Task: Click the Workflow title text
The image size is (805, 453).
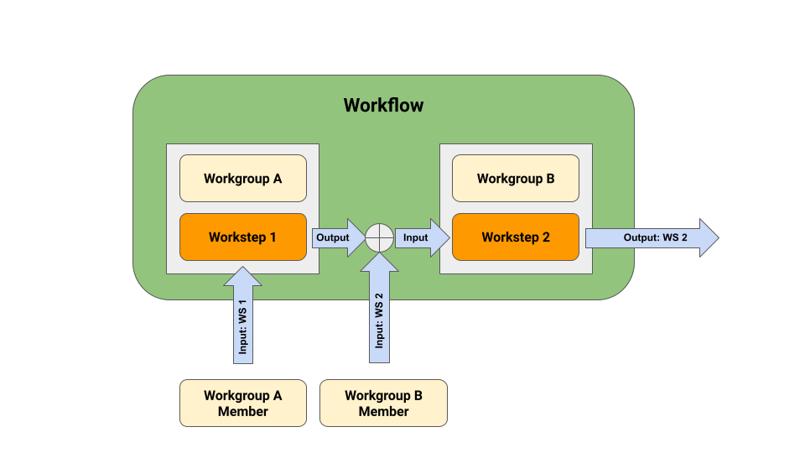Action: click(383, 106)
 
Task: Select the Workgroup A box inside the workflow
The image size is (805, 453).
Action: click(242, 178)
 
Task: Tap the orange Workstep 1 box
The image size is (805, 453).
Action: click(242, 237)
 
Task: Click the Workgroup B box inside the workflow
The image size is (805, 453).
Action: click(515, 178)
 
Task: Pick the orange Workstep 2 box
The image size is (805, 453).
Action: click(515, 237)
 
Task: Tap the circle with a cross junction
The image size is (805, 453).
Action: click(379, 237)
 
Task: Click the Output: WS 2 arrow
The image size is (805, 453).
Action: click(650, 237)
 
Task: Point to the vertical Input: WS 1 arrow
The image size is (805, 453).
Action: click(243, 323)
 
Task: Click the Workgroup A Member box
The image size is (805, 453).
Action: click(242, 403)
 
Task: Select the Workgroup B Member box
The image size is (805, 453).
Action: click(383, 403)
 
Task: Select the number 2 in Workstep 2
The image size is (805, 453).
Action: click(546, 237)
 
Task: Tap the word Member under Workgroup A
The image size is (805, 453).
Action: click(242, 411)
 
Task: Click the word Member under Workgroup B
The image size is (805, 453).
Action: click(383, 411)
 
